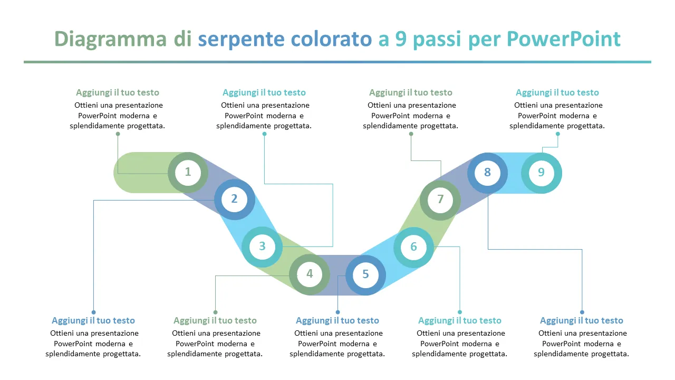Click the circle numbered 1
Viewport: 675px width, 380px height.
click(188, 172)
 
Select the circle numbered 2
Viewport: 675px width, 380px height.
click(235, 199)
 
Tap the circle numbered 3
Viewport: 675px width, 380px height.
click(262, 246)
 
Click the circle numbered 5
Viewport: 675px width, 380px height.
click(365, 274)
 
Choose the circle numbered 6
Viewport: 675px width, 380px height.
click(413, 247)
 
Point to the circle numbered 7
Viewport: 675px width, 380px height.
click(440, 200)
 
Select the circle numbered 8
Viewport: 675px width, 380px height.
click(487, 173)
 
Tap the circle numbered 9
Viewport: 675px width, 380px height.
click(541, 173)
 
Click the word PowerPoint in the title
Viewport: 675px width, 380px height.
click(563, 40)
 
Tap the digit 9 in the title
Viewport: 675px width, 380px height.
click(400, 40)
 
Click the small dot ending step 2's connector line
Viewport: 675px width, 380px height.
click(93, 312)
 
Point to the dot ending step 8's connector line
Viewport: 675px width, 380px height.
click(582, 312)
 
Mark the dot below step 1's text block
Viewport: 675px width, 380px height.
click(118, 134)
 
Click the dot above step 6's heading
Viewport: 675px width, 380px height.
click(460, 312)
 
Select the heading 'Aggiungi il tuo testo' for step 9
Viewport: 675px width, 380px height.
click(557, 93)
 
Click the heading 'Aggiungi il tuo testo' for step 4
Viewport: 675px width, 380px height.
click(215, 321)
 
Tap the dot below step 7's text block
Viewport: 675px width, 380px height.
click(411, 134)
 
